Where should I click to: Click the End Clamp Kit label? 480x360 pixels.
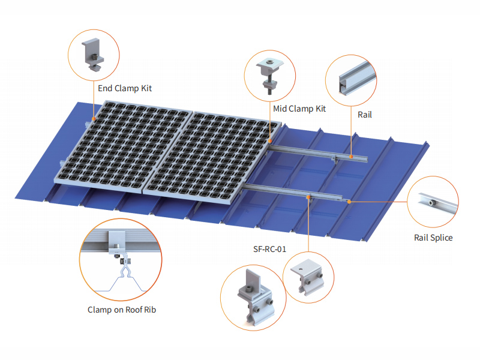tap(125, 88)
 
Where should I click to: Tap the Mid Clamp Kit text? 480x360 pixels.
tap(299, 109)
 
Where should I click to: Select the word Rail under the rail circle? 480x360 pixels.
tap(365, 115)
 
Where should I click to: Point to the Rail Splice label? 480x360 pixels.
tap(433, 238)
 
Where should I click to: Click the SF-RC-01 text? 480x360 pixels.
tap(269, 249)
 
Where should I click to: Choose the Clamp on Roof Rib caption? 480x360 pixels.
tap(122, 310)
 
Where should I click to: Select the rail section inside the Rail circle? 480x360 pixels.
tap(357, 79)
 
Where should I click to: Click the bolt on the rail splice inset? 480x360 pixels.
tap(431, 203)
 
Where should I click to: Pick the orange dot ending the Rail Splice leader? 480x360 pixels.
tap(349, 202)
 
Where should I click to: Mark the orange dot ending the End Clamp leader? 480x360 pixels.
tap(94, 119)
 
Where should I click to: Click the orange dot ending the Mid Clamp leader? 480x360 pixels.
tap(269, 141)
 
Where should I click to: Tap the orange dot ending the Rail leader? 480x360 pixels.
tap(351, 157)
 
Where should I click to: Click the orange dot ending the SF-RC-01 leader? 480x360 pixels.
tap(308, 197)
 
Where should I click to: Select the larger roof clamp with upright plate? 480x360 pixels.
tap(256, 297)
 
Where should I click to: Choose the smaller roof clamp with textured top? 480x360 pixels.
tap(307, 277)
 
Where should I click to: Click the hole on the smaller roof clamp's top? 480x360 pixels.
tap(301, 269)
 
